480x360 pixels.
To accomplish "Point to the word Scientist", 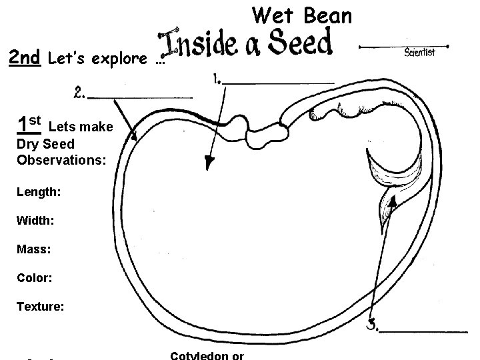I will [x=420, y=53].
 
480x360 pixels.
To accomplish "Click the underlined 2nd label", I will [x=25, y=59].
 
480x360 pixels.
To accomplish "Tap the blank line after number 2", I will [x=141, y=97].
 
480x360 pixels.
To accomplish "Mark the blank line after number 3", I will [x=427, y=330].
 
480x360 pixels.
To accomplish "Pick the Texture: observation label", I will [x=41, y=307].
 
